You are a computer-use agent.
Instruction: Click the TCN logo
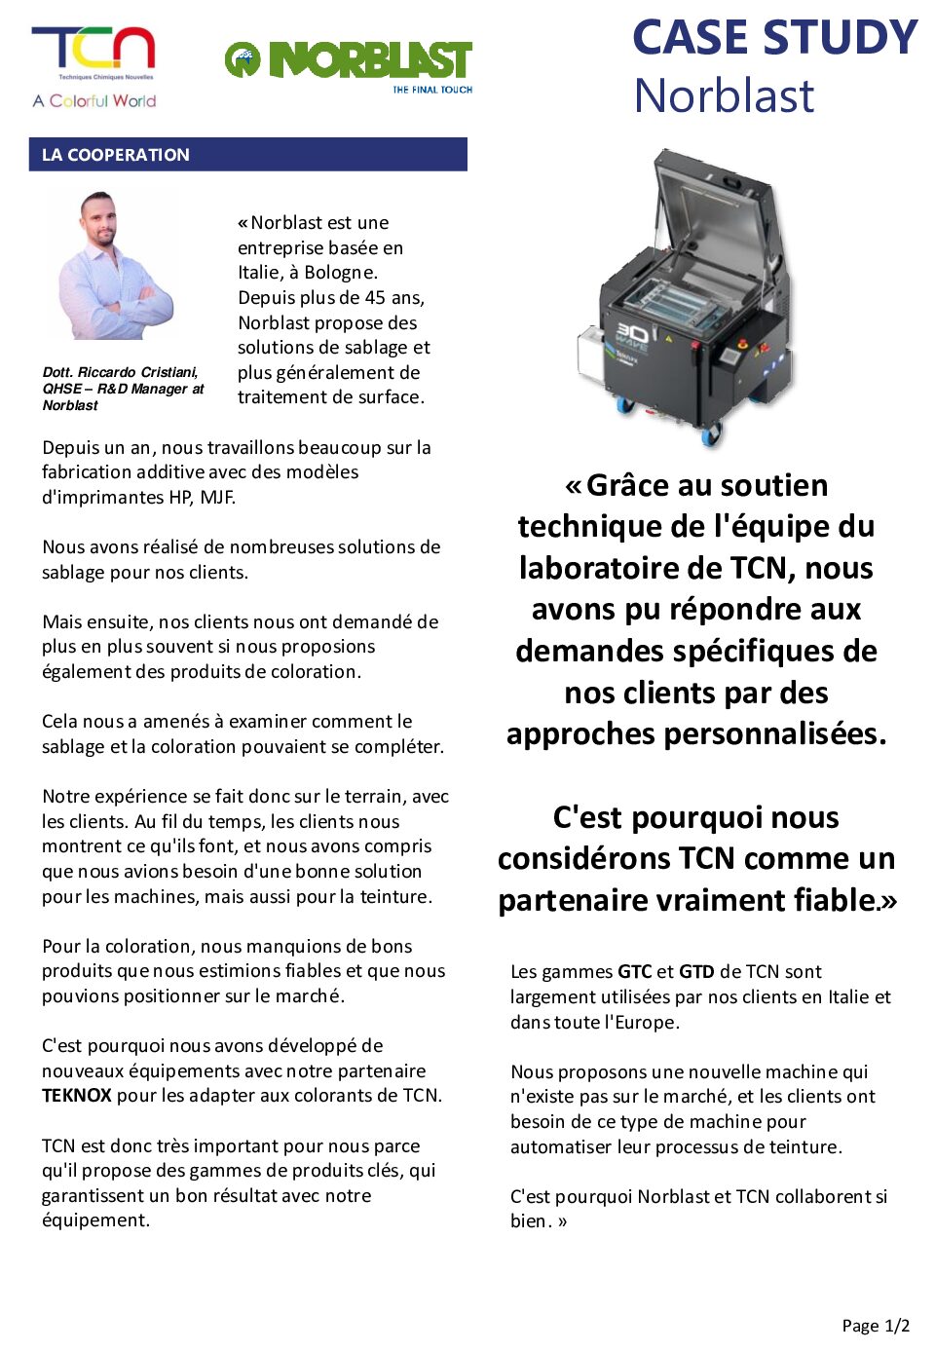tap(93, 50)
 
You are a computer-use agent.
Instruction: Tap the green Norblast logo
tap(348, 60)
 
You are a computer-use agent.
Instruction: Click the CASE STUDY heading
tap(774, 38)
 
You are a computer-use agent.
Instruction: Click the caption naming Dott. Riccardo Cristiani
tap(123, 389)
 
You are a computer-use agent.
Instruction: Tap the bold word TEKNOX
tap(76, 1096)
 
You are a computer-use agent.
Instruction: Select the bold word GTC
tap(634, 972)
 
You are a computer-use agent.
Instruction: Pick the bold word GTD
tap(696, 972)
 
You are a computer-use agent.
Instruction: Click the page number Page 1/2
tap(876, 1326)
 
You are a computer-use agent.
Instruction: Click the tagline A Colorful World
tap(93, 101)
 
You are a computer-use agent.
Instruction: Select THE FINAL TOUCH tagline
tap(432, 90)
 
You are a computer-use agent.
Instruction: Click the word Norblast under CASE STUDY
tap(724, 96)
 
